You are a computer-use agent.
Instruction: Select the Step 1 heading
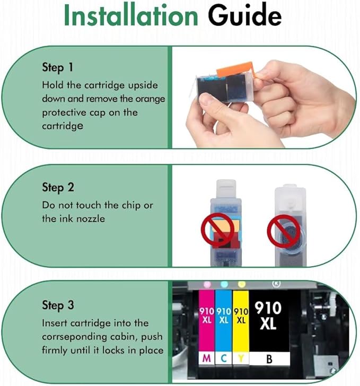[x=58, y=68]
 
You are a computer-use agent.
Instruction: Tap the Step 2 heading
[x=58, y=187]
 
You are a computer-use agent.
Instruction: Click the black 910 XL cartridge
[x=269, y=318]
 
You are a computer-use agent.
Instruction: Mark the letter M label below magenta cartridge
[x=206, y=359]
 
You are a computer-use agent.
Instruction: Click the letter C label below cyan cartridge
[x=223, y=359]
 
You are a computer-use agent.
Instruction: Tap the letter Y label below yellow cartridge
[x=241, y=359]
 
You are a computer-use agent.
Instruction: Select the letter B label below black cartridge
[x=269, y=359]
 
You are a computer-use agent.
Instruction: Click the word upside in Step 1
[x=143, y=86]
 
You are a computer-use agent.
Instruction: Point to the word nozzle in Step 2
[x=92, y=218]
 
